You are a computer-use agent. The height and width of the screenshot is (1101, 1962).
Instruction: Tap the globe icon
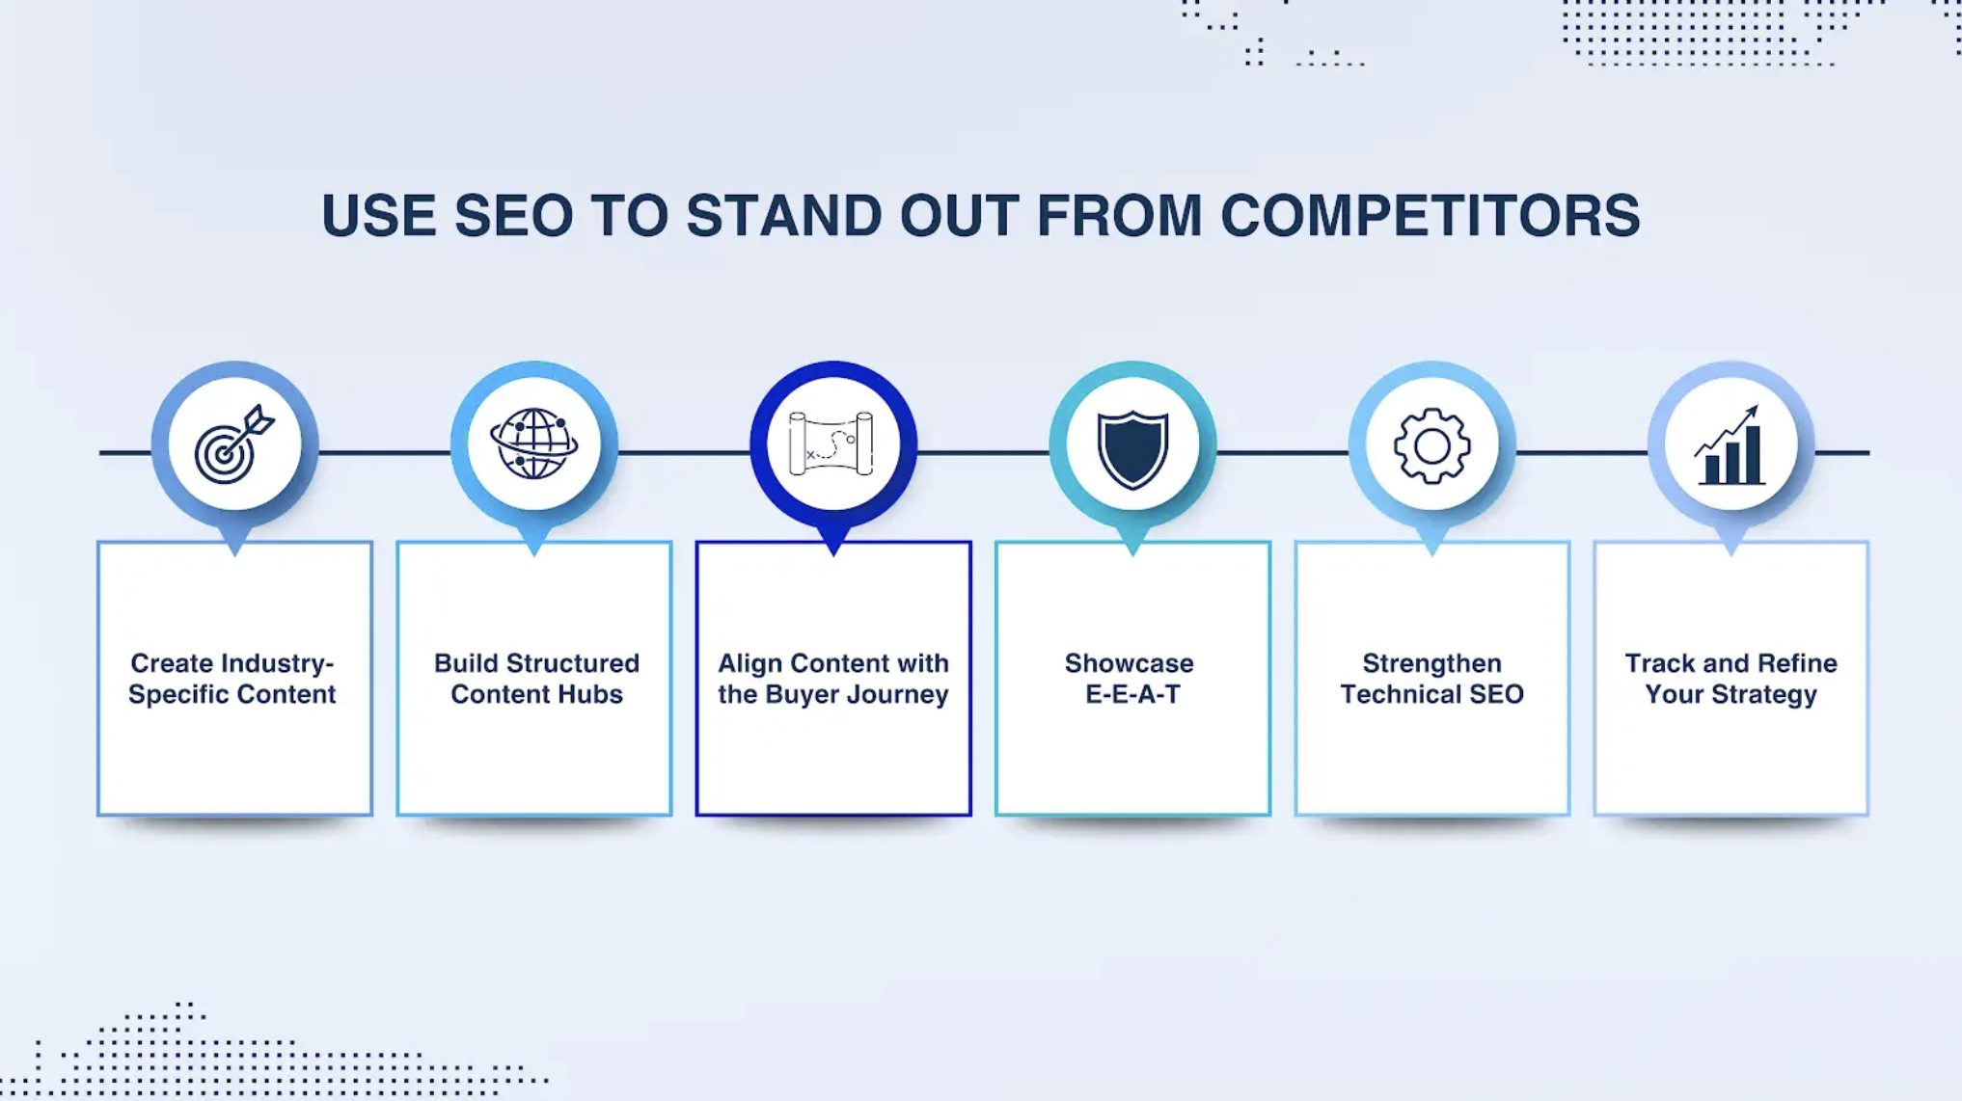(x=533, y=444)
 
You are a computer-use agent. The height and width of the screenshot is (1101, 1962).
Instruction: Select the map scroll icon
(x=832, y=444)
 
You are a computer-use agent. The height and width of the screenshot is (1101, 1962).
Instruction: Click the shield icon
(x=1132, y=447)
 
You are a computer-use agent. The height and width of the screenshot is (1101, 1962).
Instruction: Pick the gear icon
(x=1431, y=445)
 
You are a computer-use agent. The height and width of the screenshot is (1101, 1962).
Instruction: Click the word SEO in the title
(x=513, y=215)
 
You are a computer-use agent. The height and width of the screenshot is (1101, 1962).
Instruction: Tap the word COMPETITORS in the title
(x=1430, y=215)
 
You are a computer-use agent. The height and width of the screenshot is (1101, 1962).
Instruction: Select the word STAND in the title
(x=783, y=215)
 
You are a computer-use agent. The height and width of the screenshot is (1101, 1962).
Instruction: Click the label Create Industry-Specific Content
(x=232, y=679)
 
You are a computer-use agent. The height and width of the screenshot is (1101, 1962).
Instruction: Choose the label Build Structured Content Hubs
(x=536, y=679)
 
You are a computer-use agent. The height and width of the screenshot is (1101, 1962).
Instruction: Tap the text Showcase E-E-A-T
(x=1131, y=679)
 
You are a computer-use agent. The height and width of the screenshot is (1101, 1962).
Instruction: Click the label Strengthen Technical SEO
(x=1431, y=679)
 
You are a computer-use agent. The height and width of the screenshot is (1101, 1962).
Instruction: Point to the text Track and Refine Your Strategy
(x=1730, y=679)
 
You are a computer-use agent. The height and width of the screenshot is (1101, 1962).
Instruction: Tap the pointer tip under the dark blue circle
(x=833, y=550)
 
